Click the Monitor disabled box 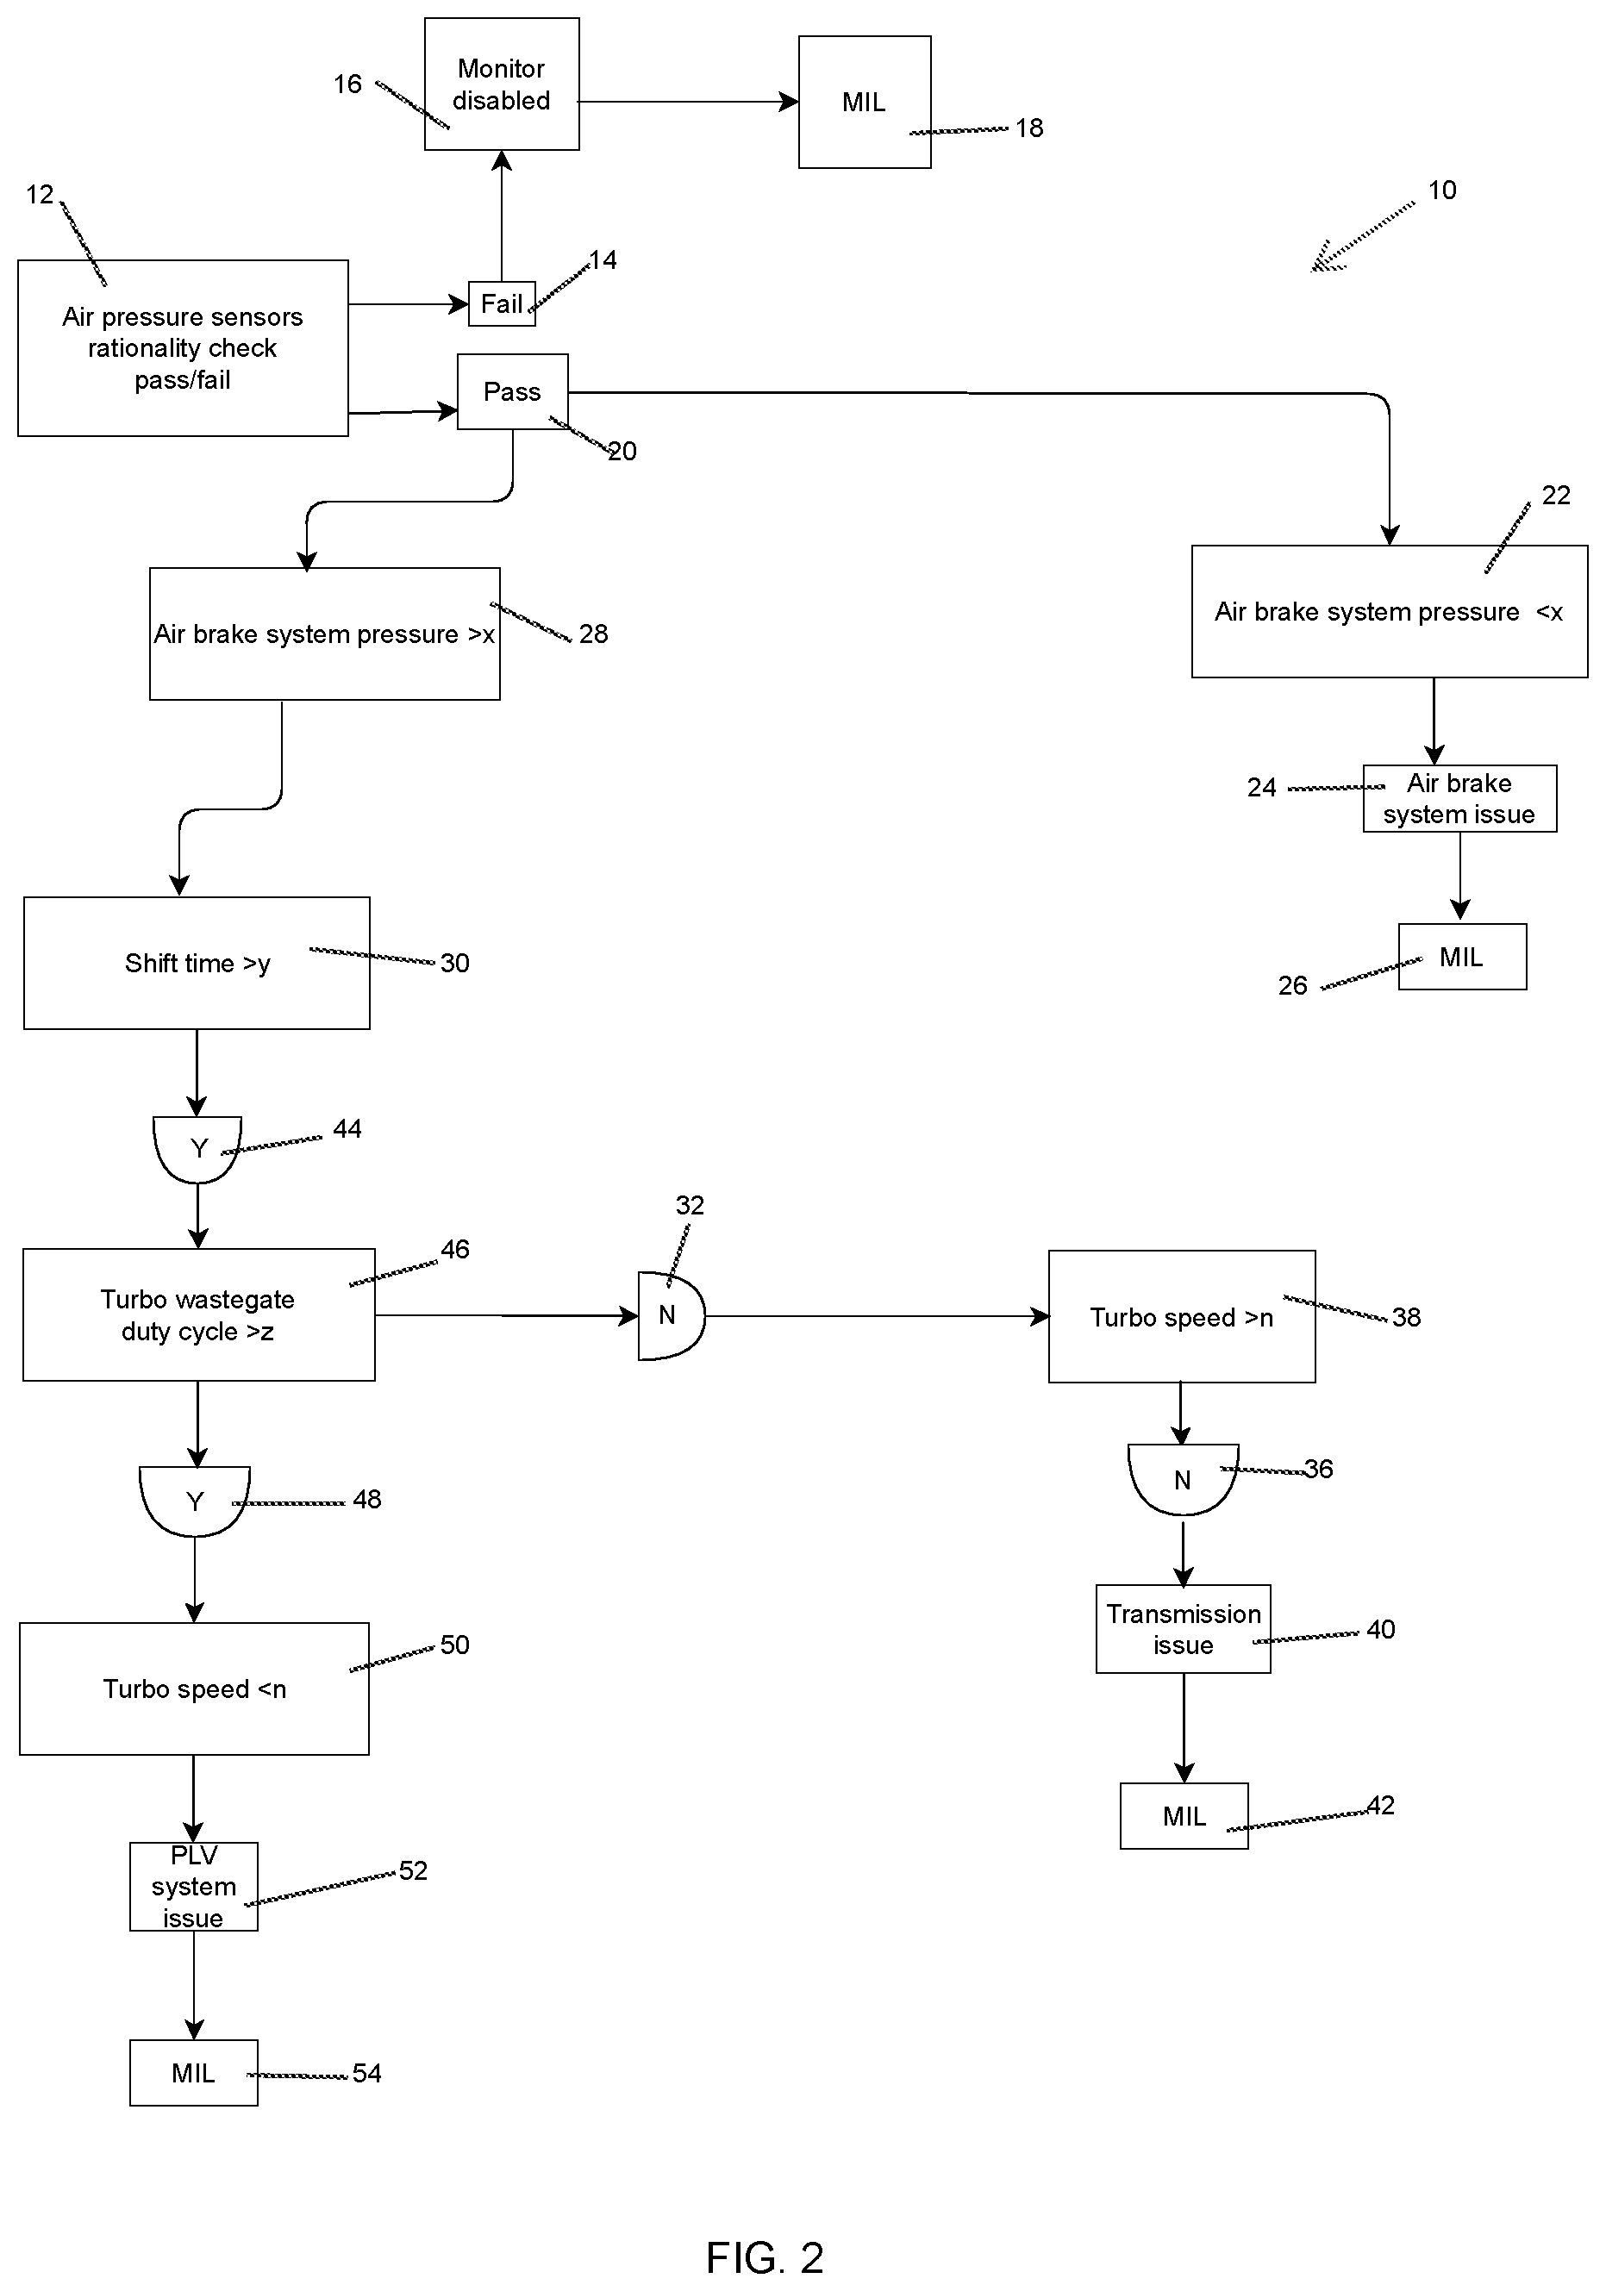coord(501,84)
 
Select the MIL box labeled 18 coord(865,102)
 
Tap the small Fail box coord(502,303)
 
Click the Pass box coord(513,391)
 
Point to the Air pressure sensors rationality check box coord(183,348)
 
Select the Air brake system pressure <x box coord(1390,612)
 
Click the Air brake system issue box coord(1460,798)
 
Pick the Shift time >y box coord(197,963)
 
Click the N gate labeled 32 coord(671,1315)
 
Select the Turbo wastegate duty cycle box coord(198,1315)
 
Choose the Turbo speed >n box coord(1182,1317)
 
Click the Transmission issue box coord(1184,1628)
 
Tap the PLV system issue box coord(194,1887)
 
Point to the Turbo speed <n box coord(195,1689)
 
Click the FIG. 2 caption coord(765,2257)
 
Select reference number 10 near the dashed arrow coord(1442,190)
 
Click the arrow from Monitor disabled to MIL coord(689,101)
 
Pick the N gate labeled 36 coord(1183,1479)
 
